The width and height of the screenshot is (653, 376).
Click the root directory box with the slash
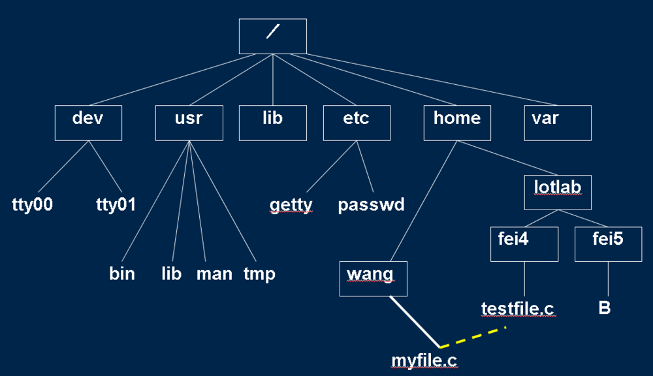pos(272,36)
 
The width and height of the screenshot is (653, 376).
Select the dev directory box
pos(88,123)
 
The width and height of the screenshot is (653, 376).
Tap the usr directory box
pos(189,123)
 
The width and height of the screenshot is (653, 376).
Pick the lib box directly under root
pos(272,123)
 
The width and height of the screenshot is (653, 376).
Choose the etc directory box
pos(356,123)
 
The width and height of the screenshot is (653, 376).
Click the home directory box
pos(457,123)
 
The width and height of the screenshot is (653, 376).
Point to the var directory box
pos(558,123)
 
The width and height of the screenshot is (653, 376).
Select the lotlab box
pos(558,192)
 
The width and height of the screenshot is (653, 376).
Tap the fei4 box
pos(524,244)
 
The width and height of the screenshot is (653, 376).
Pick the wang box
pos(374,278)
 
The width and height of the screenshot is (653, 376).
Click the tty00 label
pos(32,204)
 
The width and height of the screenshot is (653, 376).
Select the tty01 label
pos(116,204)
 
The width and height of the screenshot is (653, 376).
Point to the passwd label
pos(371,205)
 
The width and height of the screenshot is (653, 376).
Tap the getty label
pos(291,205)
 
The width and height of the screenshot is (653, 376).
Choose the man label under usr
pos(214,274)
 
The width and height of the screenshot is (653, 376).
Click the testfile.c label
pos(518,308)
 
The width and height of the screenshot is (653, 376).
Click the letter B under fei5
pos(605,307)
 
